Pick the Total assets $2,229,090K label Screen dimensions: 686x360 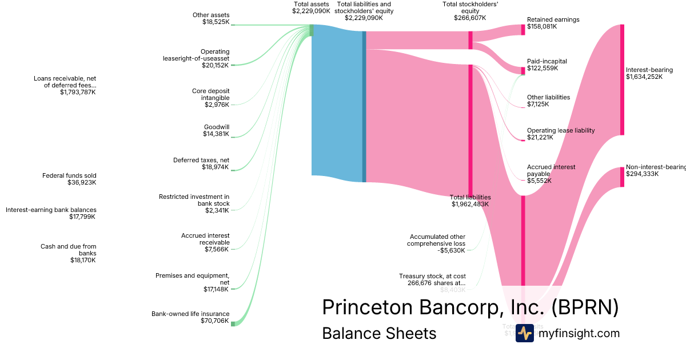tap(311, 7)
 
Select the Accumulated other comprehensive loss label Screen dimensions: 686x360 tap(437, 240)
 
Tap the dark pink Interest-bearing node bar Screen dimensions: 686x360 tap(622, 79)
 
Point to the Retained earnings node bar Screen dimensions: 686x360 tap(523, 30)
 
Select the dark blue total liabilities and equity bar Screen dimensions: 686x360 tap(364, 106)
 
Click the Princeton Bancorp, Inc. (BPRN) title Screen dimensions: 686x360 tap(470, 307)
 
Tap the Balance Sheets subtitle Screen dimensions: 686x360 tap(379, 333)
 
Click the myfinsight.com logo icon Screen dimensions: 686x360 tap(524, 333)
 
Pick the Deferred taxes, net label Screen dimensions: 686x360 tap(201, 163)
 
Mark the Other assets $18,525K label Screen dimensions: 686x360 tap(211, 18)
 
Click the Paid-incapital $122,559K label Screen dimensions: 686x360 tap(547, 65)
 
